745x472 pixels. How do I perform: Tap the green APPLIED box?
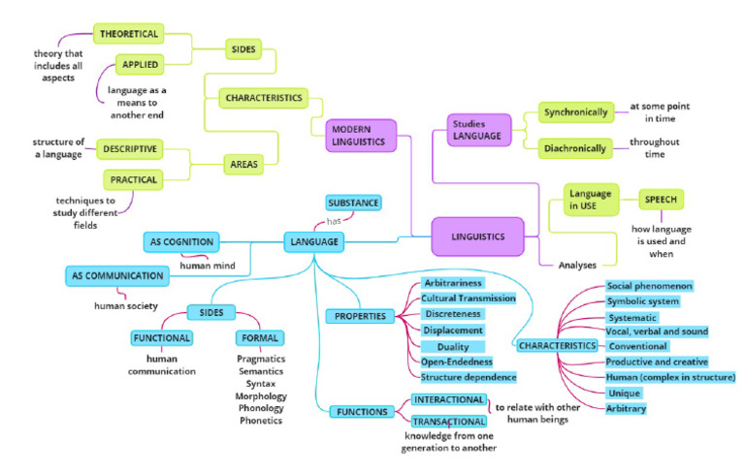134,65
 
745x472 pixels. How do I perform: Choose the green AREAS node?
245,165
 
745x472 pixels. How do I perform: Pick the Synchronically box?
573,112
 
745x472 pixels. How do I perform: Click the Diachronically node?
573,148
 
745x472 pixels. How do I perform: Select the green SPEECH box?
660,200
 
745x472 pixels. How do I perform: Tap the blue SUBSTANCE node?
352,203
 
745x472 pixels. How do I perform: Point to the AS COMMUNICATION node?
116,276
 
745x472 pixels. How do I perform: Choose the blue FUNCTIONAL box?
161,338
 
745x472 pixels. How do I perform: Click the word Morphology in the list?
260,395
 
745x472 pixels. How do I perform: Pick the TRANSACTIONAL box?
448,422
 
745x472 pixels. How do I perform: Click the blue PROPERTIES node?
361,316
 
